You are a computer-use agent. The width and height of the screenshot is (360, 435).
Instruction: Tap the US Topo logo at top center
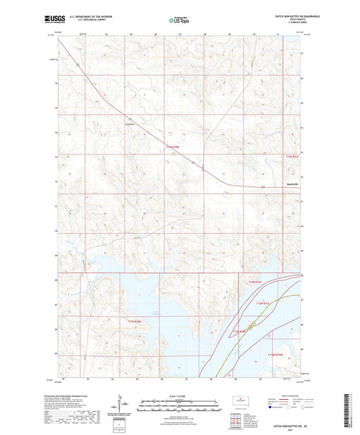[x=179, y=20]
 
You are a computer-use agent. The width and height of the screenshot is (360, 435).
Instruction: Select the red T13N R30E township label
[x=173, y=148]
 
